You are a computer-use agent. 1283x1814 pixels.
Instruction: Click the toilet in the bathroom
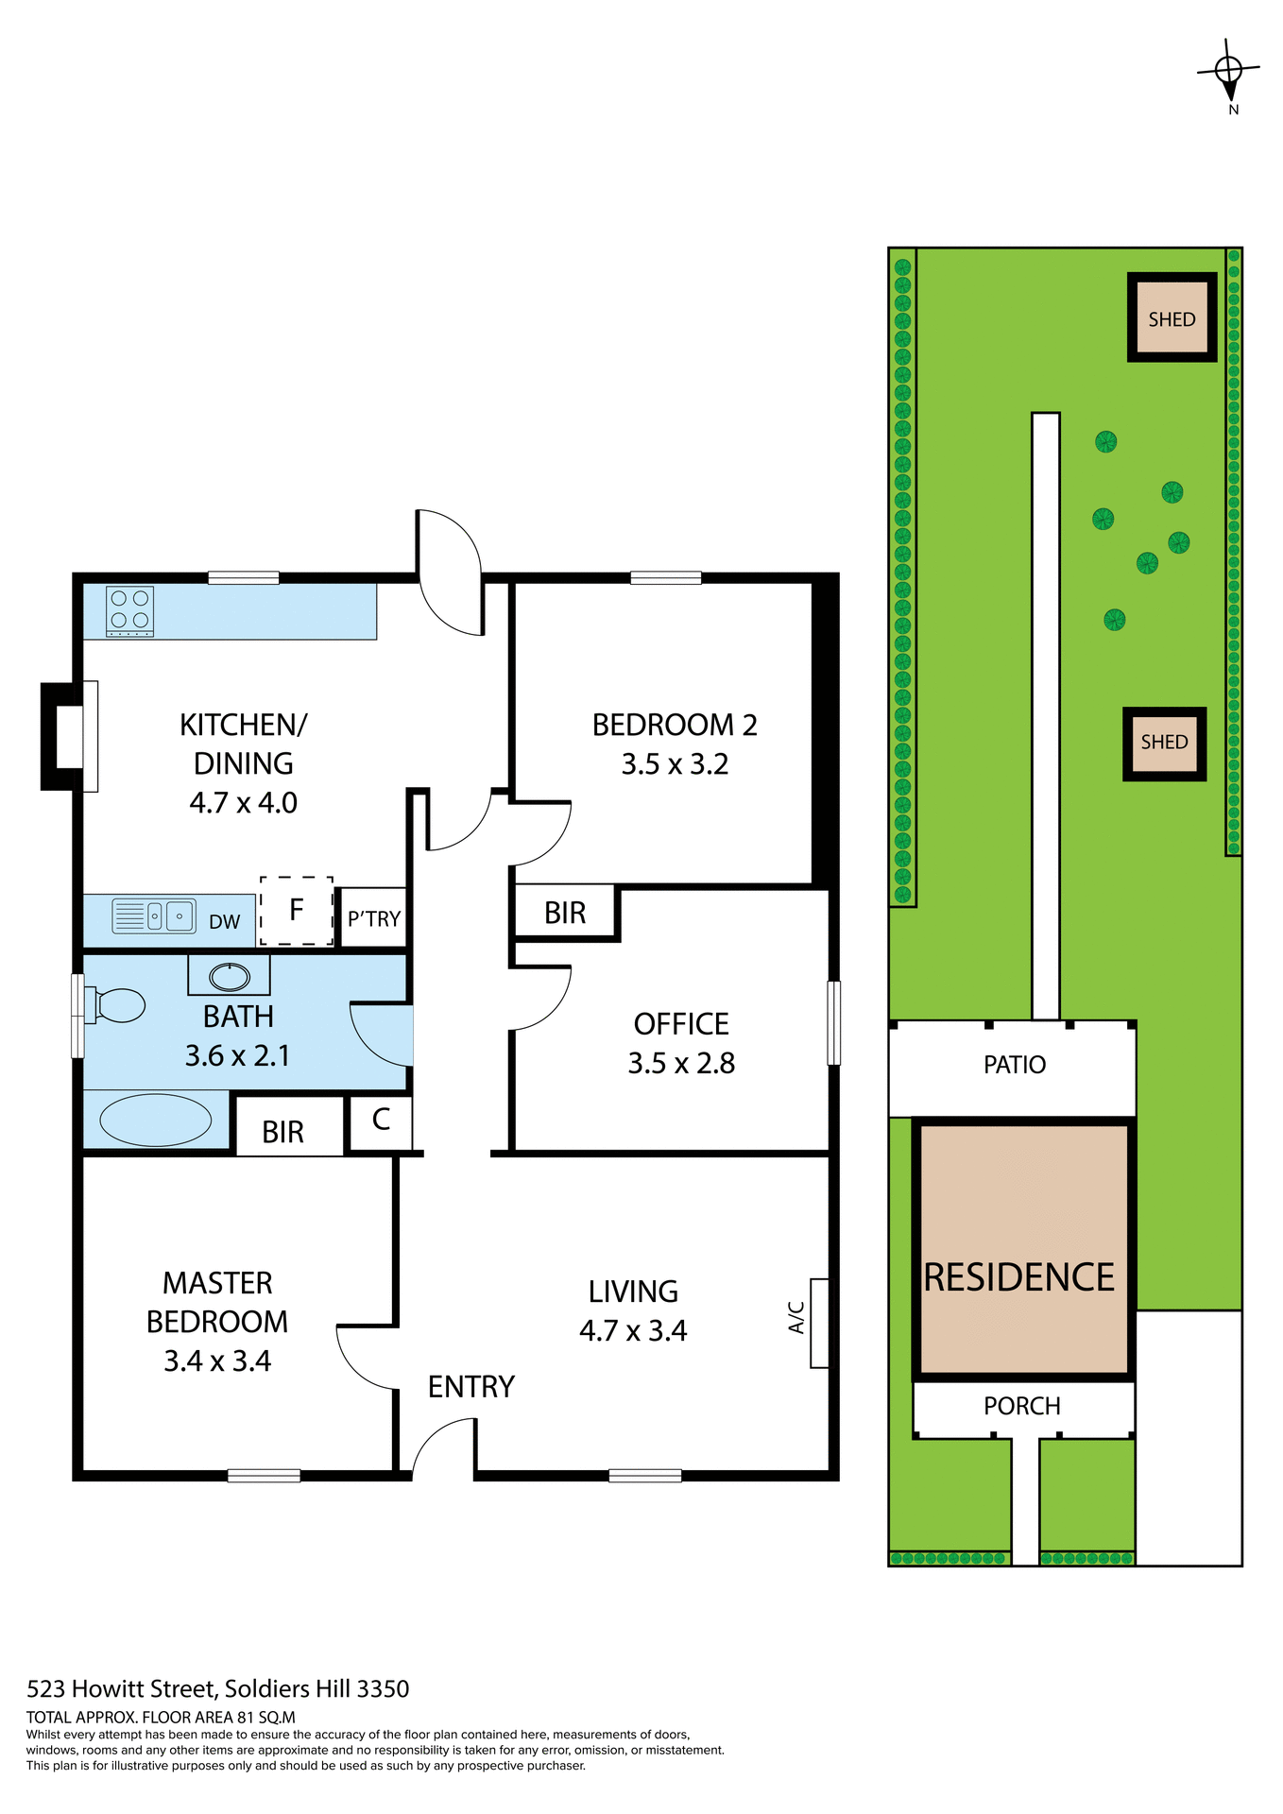[x=115, y=1005]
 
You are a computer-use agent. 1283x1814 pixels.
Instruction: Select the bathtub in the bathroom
[x=156, y=1121]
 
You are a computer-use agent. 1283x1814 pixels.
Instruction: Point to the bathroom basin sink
[x=230, y=976]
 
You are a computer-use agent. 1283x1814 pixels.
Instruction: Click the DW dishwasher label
[x=225, y=922]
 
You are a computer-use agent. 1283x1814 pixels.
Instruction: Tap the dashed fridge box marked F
[x=297, y=911]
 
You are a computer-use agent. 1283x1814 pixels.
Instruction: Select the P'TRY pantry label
[x=374, y=919]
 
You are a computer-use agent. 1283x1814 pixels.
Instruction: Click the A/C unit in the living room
[x=819, y=1323]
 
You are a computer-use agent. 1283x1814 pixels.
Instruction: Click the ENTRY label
[x=471, y=1387]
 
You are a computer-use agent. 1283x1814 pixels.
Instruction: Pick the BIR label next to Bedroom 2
[x=565, y=914]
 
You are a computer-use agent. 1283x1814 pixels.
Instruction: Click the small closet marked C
[x=381, y=1121]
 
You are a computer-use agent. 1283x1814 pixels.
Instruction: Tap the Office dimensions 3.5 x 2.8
[x=681, y=1064]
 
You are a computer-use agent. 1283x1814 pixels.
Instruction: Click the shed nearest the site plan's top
[x=1172, y=319]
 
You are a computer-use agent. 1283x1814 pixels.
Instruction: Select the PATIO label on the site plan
[x=1015, y=1066]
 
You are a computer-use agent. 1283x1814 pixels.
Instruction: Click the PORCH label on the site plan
[x=1022, y=1407]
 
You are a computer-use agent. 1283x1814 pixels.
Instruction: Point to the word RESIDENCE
[x=1019, y=1278]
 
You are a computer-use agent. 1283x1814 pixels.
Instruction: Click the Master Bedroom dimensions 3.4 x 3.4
[x=217, y=1361]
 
